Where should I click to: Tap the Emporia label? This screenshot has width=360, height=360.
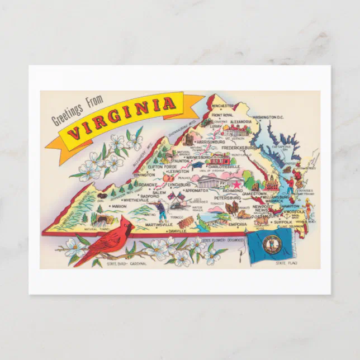[238, 225]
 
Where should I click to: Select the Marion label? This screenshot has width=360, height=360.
[119, 205]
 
